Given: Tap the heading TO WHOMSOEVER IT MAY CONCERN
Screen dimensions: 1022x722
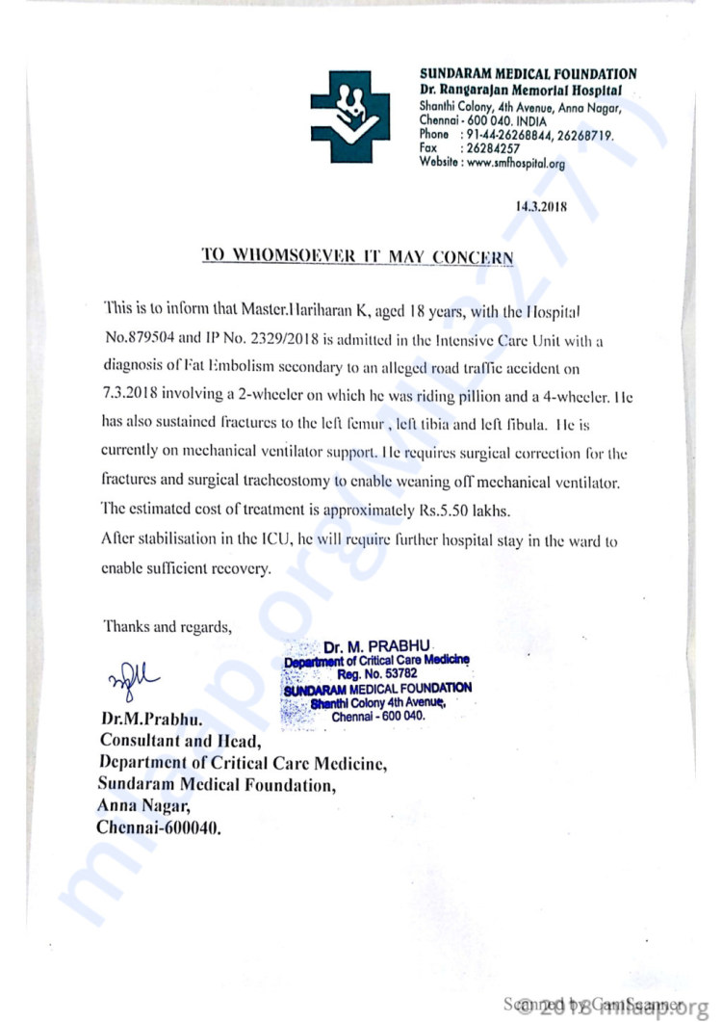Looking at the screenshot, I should (x=357, y=256).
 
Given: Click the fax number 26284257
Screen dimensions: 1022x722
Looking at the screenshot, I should (x=492, y=149).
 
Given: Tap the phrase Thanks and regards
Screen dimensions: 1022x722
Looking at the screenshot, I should (x=167, y=626).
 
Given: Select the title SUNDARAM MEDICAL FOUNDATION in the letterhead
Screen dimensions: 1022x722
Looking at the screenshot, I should (x=528, y=74).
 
